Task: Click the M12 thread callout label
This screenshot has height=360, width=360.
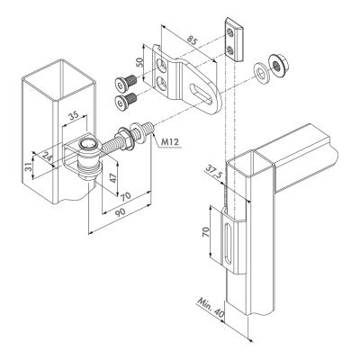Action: click(170, 142)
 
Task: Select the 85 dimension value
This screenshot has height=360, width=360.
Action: click(193, 40)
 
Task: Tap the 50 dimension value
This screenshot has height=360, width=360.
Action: click(139, 62)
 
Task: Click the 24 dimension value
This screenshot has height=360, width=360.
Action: click(47, 156)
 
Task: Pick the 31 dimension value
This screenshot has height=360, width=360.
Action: click(27, 166)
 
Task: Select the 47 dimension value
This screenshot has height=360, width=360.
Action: click(112, 177)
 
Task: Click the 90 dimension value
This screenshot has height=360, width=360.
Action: click(120, 213)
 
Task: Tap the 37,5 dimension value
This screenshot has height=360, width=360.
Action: click(214, 173)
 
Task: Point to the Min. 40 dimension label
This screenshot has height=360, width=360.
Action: click(211, 307)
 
